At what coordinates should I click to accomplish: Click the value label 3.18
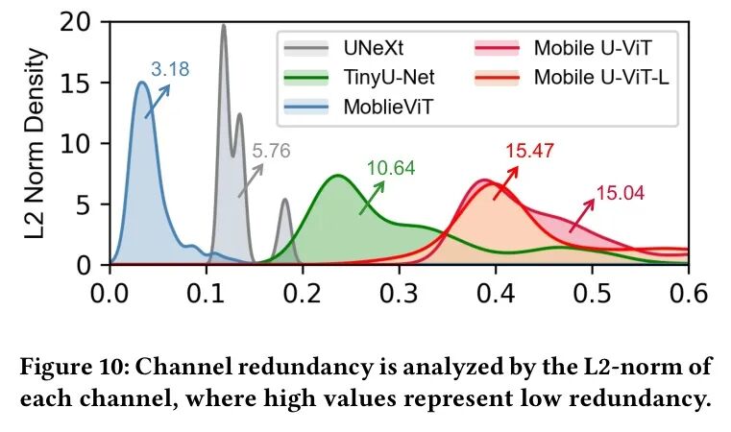coord(170,69)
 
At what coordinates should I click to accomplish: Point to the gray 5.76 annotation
coord(271,151)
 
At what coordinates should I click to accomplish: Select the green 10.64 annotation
coord(390,169)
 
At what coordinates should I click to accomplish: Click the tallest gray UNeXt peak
coord(224,26)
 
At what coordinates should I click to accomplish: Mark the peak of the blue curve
coord(141,83)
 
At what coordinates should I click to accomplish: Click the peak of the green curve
coord(337,176)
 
